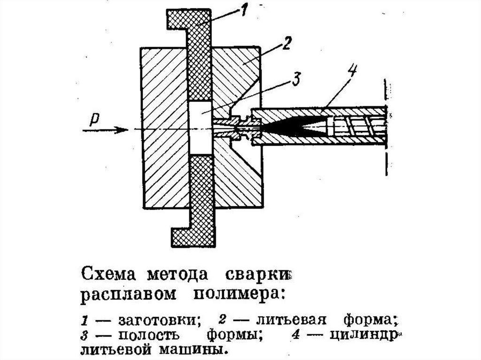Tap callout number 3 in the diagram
coord(296,79)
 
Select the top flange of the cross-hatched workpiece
coord(189,19)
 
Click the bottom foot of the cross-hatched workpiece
coord(193,237)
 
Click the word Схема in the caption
coord(109,274)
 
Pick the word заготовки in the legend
coord(159,320)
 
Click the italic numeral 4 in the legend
coord(296,334)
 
